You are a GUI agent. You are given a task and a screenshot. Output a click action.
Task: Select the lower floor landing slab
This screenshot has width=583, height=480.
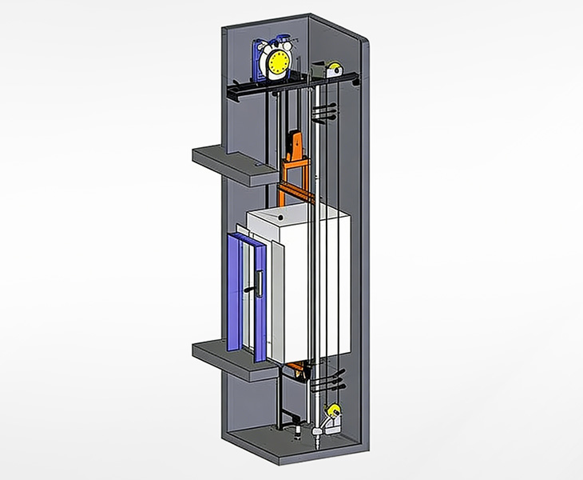pos(228,357)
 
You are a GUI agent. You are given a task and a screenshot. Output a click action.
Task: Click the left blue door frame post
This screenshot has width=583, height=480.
pos(232,292)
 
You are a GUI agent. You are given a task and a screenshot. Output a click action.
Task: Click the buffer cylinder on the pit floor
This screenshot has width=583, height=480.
pos(298,433)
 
